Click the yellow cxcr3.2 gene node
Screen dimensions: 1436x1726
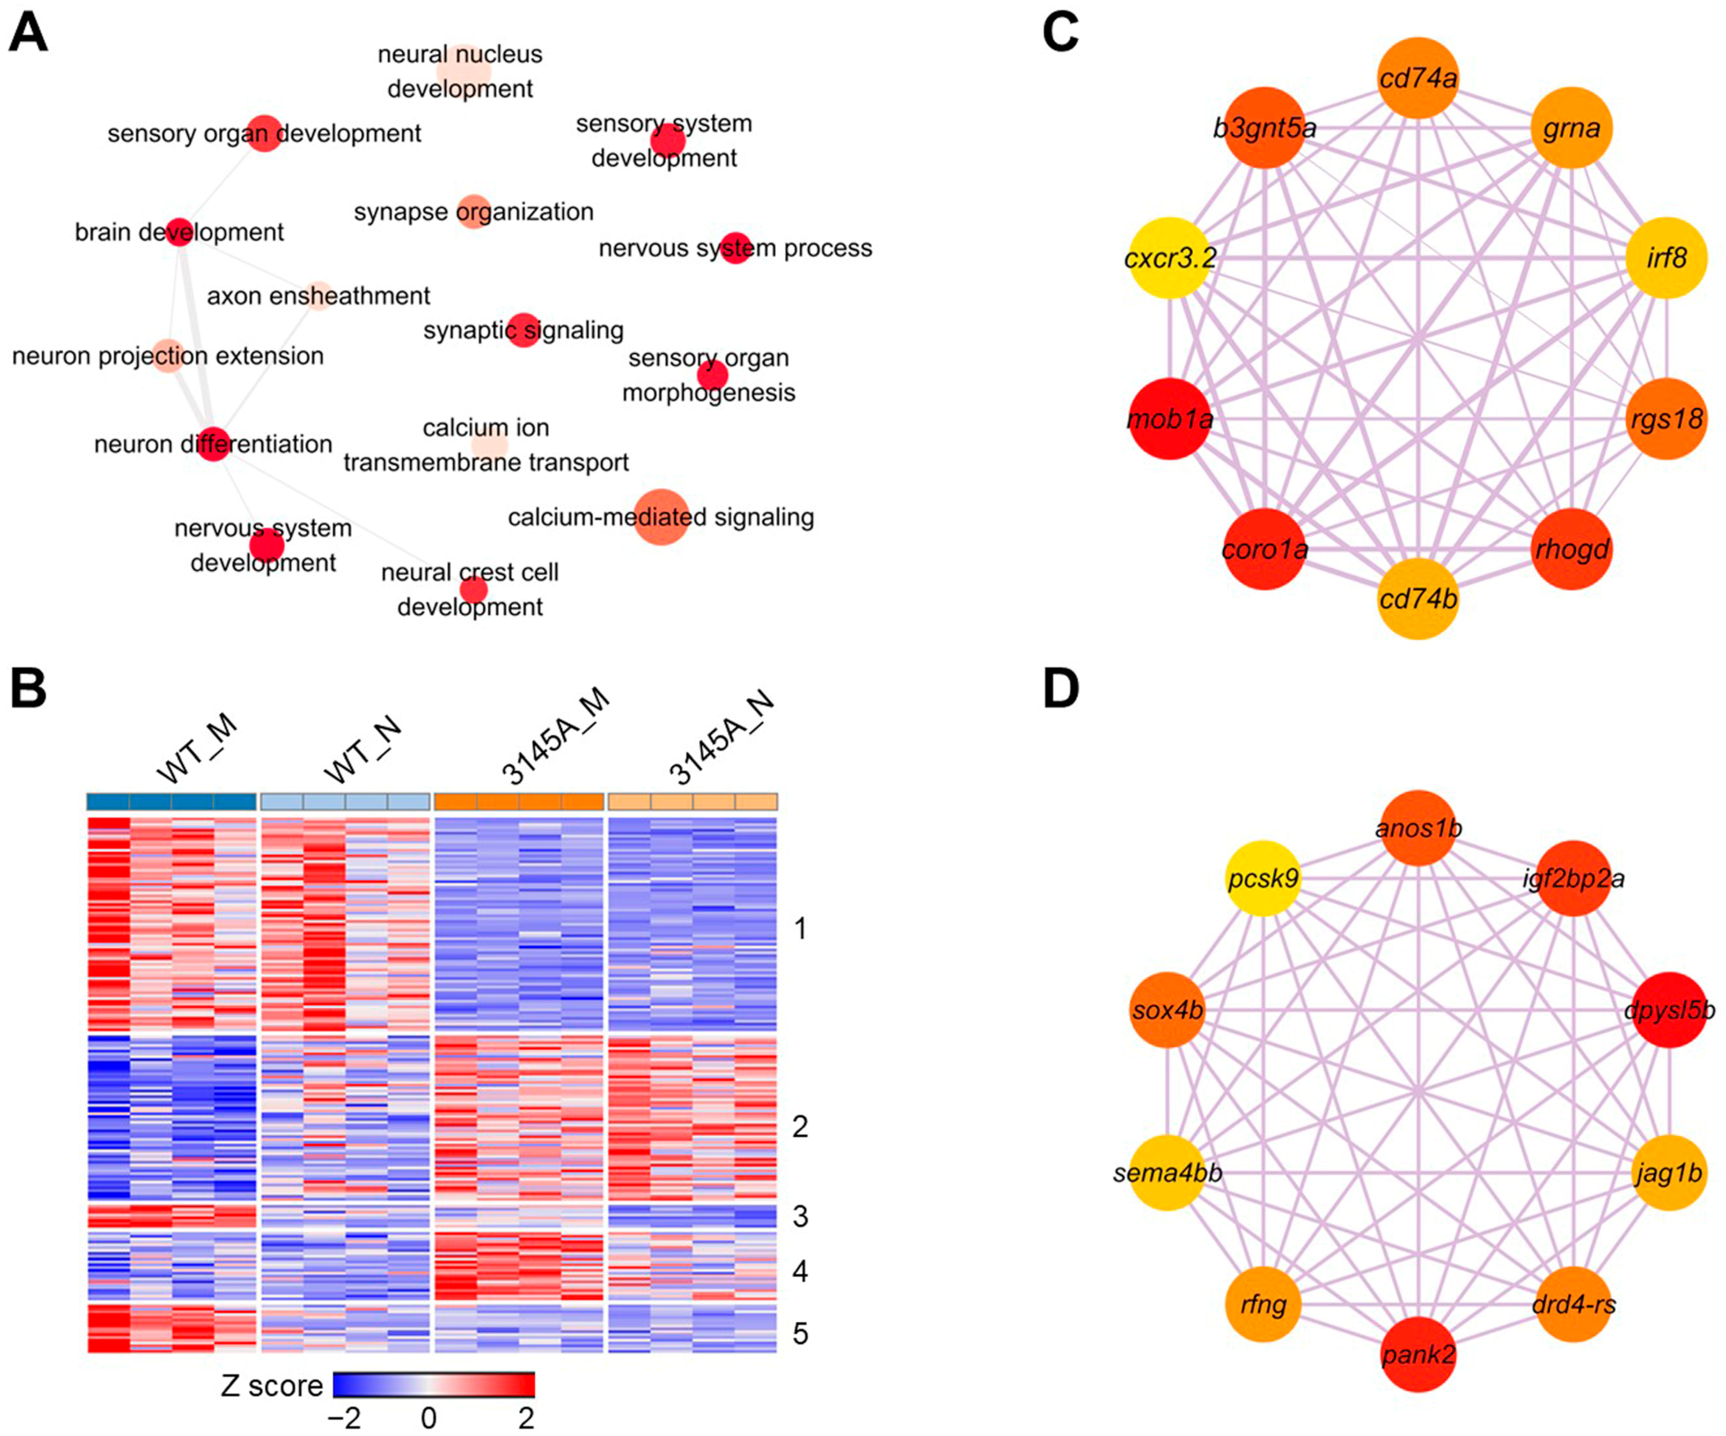coord(1170,258)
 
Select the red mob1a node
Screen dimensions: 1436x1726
coord(1170,419)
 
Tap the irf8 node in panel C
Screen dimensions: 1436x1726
coord(1666,258)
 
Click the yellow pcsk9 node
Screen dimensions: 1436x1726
coord(1263,878)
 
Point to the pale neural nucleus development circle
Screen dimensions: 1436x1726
coord(463,71)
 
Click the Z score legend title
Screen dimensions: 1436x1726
coord(272,1386)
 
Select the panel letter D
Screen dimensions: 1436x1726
coord(1061,688)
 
